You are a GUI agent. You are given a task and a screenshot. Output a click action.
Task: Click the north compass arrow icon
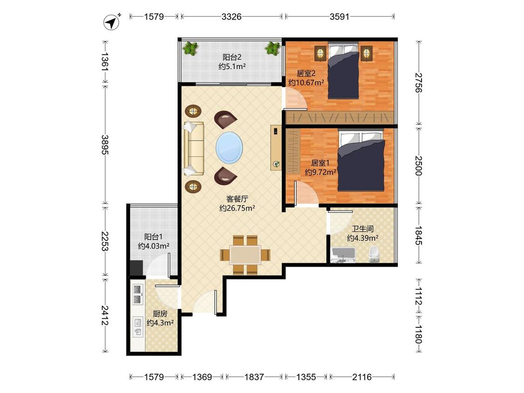click(x=112, y=22)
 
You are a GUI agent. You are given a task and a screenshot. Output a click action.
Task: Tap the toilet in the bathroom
click(x=374, y=254)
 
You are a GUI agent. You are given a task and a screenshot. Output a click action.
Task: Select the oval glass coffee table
click(x=229, y=147)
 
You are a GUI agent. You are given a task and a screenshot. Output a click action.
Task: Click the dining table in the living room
click(x=245, y=255)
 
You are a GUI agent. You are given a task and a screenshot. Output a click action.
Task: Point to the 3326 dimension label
click(x=231, y=16)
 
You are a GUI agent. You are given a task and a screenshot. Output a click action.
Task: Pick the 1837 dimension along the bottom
click(x=254, y=377)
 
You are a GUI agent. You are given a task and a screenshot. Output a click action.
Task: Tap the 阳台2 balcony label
click(x=232, y=57)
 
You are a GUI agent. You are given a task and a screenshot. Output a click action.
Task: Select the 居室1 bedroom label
click(x=320, y=163)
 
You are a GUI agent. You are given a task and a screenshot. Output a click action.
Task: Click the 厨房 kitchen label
click(x=160, y=314)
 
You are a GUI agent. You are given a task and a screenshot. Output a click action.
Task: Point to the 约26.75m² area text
click(x=237, y=208)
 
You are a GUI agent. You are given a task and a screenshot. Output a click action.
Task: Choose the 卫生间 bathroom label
click(x=362, y=229)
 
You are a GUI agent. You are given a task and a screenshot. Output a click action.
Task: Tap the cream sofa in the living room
click(x=193, y=149)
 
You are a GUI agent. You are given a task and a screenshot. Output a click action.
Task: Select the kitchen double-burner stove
click(x=137, y=294)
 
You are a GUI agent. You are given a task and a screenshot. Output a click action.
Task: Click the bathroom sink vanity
click(x=343, y=255)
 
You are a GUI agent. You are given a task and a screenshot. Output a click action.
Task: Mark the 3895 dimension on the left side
click(x=105, y=145)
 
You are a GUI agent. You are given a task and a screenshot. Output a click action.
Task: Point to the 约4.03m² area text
click(x=154, y=246)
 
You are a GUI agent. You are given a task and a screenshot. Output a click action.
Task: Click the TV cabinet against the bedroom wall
click(x=276, y=148)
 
